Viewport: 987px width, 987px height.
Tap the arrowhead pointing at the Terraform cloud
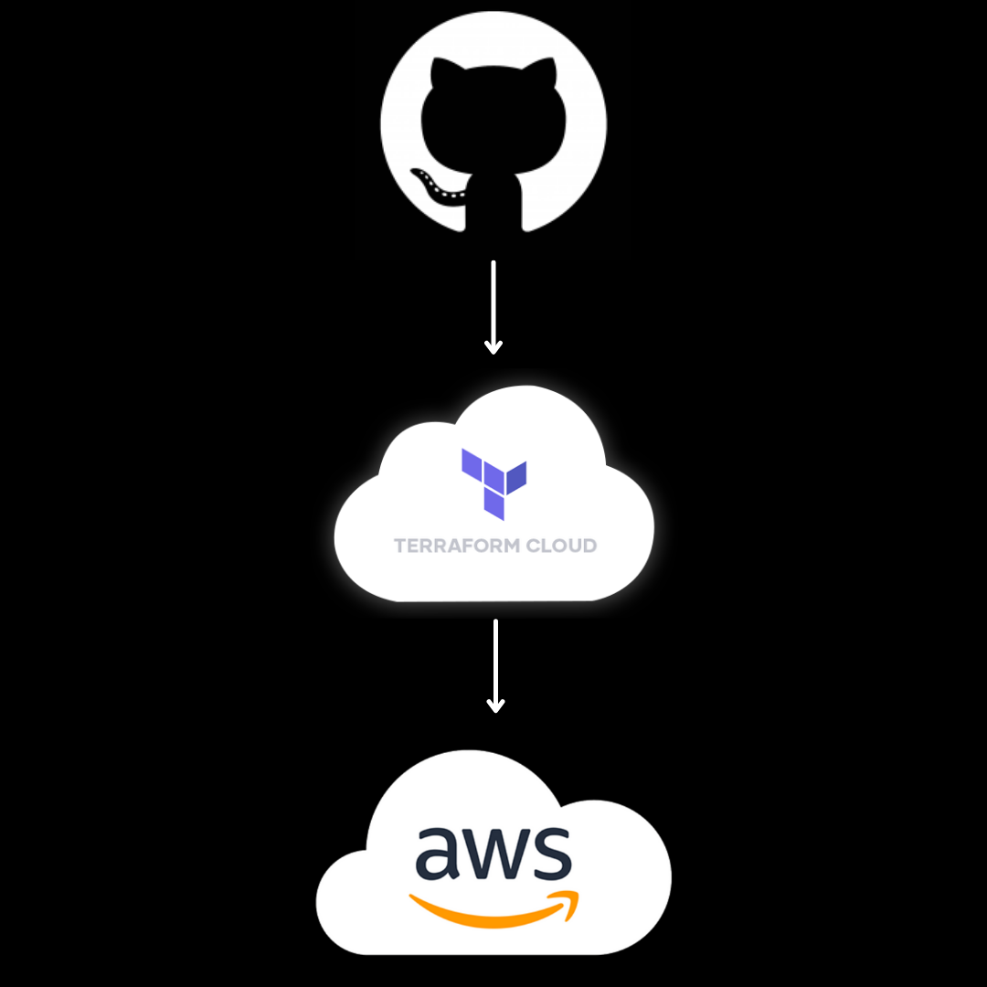[493, 347]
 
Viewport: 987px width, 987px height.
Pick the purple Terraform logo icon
[493, 483]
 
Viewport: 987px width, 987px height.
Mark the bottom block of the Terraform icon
[493, 504]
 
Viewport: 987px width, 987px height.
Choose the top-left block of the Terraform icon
[472, 463]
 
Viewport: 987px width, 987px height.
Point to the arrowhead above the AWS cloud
[494, 706]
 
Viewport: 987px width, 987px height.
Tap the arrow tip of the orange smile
[570, 897]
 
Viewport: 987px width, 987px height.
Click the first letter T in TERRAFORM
[400, 547]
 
